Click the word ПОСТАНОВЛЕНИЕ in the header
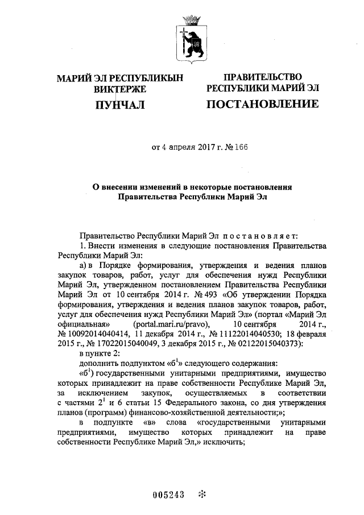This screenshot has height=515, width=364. pos(262,104)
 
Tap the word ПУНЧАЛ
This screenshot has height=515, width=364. pos(120,104)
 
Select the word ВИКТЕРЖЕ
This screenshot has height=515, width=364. pos(120,89)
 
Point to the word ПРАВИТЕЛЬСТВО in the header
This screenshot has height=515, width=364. pos(262,77)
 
